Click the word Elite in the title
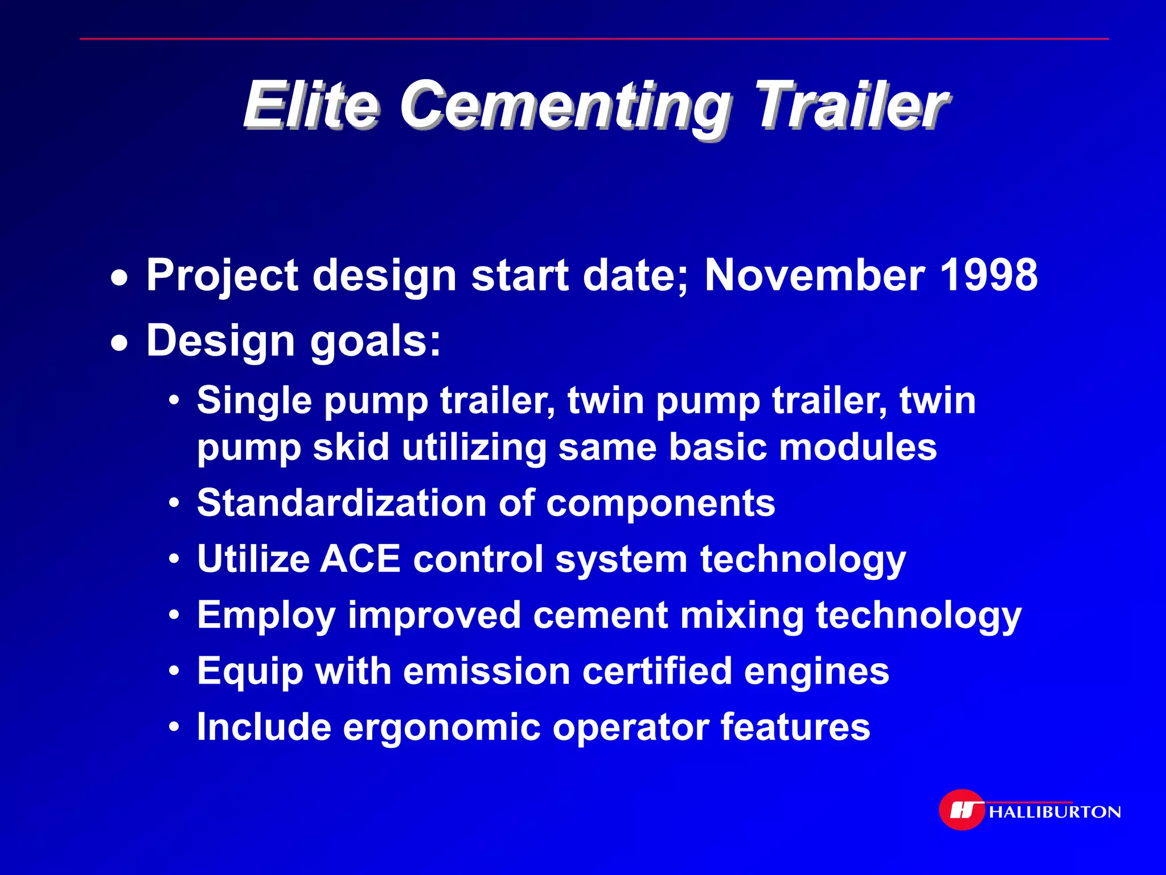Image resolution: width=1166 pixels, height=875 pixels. (310, 105)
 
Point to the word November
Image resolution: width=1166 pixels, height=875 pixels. (814, 275)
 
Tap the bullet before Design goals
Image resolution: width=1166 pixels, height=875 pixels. (119, 344)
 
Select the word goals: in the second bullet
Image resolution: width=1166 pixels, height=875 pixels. (376, 342)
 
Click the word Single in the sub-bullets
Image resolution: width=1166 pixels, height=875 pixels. (254, 401)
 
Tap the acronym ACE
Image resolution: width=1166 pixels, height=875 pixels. (360, 559)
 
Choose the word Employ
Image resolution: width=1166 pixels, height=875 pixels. (266, 616)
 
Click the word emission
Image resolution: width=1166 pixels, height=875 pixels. (487, 671)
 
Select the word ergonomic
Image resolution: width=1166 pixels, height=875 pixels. (441, 727)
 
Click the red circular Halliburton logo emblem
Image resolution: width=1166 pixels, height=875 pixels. (962, 809)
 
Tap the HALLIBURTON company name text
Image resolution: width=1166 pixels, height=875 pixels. (1055, 812)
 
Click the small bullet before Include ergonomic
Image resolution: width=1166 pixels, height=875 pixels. (175, 727)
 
